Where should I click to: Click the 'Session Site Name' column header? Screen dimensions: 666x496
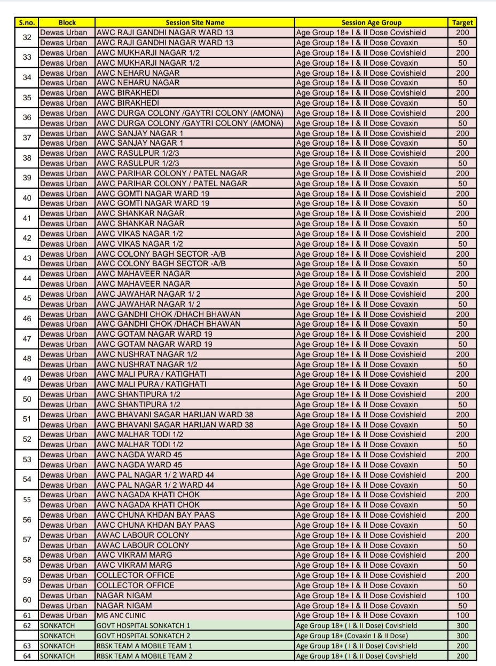pos(195,22)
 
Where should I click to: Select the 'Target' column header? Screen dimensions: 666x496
pos(462,22)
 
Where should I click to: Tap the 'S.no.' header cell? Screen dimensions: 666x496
pos(27,22)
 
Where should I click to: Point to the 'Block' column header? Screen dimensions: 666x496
pos(67,22)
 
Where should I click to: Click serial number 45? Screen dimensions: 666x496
pos(27,299)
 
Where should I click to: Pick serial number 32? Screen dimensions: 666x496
pos(27,37)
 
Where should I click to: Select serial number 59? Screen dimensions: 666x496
pos(27,580)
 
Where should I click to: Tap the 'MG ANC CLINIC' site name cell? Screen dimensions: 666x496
pos(121,615)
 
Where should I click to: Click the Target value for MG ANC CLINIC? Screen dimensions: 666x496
pos(462,615)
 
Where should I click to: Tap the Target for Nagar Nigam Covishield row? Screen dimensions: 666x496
pos(462,596)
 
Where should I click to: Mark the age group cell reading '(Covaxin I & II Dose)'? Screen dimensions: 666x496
pos(352,636)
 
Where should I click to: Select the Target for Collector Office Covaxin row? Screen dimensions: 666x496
pos(462,585)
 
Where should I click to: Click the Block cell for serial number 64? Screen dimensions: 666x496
pos(58,656)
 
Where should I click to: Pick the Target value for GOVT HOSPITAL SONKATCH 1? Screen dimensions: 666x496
pos(462,625)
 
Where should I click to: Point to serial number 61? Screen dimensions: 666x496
pos(27,615)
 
